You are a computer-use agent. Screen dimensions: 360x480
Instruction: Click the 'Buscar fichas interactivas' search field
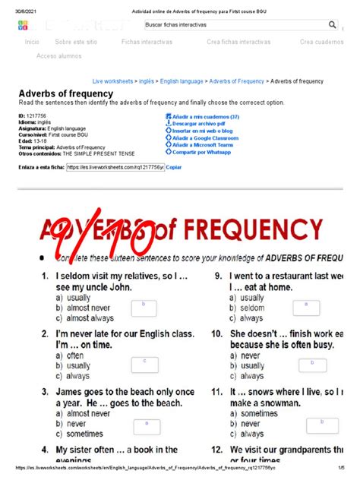[x=228, y=24]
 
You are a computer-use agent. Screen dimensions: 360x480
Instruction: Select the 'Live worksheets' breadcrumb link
[x=112, y=80]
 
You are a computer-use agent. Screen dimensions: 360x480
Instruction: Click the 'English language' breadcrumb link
[x=181, y=80]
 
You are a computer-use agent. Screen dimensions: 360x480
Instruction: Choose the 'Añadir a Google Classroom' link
[x=209, y=137]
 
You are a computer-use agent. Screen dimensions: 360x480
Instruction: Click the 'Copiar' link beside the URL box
[x=174, y=166]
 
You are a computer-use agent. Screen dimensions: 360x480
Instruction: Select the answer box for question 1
[x=143, y=305]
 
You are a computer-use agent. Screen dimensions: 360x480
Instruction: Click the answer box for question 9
[x=306, y=306]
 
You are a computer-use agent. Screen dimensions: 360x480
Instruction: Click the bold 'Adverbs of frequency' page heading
[x=65, y=93]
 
